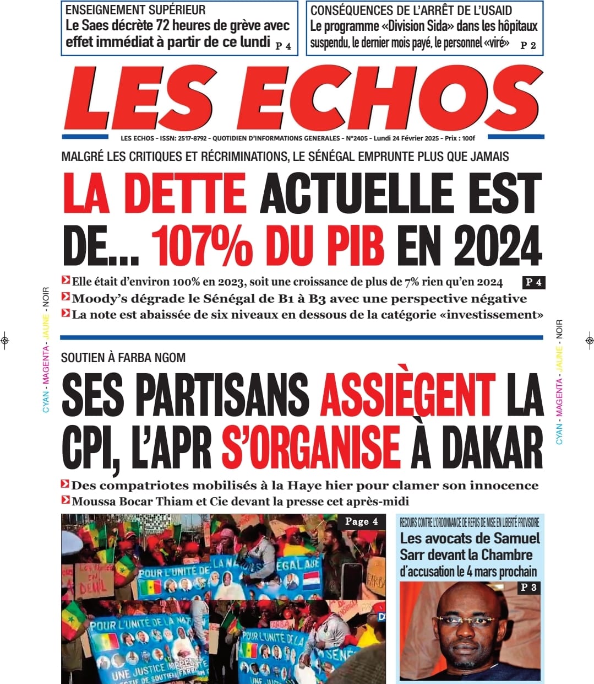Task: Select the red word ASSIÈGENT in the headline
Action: click(408, 395)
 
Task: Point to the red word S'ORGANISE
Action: click(311, 448)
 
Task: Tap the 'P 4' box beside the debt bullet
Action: click(533, 283)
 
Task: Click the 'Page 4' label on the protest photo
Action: click(361, 521)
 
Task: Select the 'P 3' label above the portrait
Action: click(528, 588)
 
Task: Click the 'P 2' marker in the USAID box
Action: click(528, 46)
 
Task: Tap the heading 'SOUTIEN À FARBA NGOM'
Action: click(123, 358)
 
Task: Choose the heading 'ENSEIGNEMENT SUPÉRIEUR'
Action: click(135, 10)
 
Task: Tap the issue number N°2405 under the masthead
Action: click(357, 138)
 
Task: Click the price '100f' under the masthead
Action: click(468, 138)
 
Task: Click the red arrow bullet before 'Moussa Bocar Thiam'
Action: click(66, 500)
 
